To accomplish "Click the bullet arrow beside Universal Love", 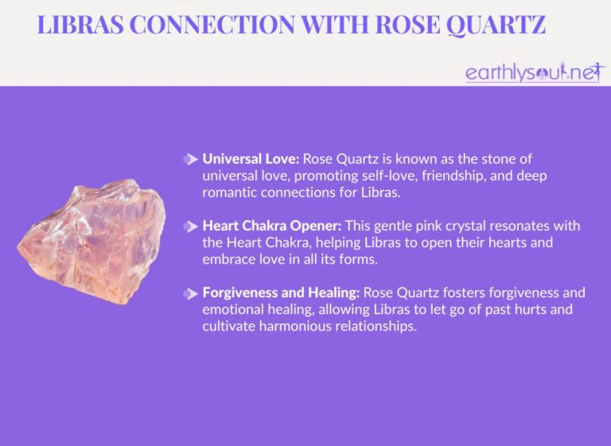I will (x=190, y=159).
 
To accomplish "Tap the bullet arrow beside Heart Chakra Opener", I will (x=190, y=227).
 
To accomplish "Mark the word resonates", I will (x=527, y=226).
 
